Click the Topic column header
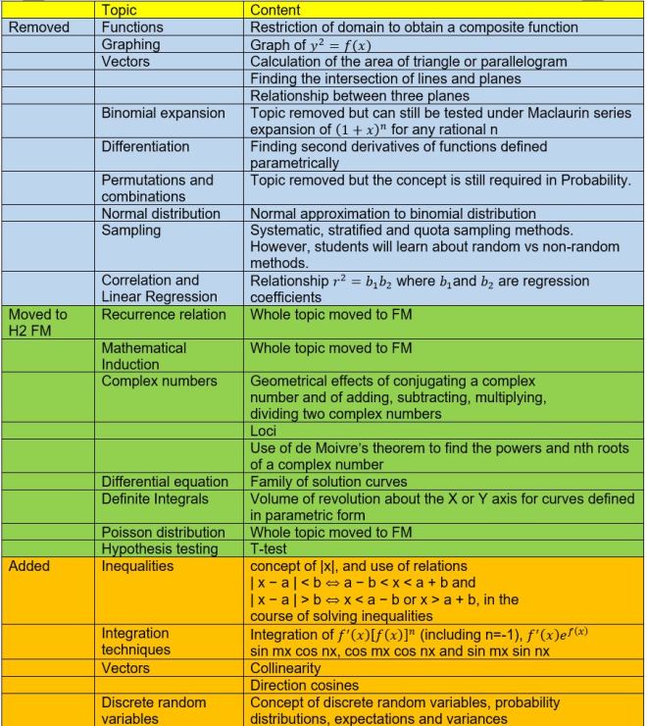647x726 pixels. [122, 10]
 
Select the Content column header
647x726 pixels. [276, 10]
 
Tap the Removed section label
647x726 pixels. [39, 27]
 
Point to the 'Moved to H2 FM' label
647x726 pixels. [38, 323]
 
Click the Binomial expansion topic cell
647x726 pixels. [164, 113]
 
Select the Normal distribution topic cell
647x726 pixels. [161, 213]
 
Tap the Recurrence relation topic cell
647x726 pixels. [164, 315]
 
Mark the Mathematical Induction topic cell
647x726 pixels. [144, 356]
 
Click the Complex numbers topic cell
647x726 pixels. [159, 381]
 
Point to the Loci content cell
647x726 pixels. [265, 431]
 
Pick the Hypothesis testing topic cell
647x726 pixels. [160, 549]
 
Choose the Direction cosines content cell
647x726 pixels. [305, 685]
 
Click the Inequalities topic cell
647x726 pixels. [137, 566]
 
